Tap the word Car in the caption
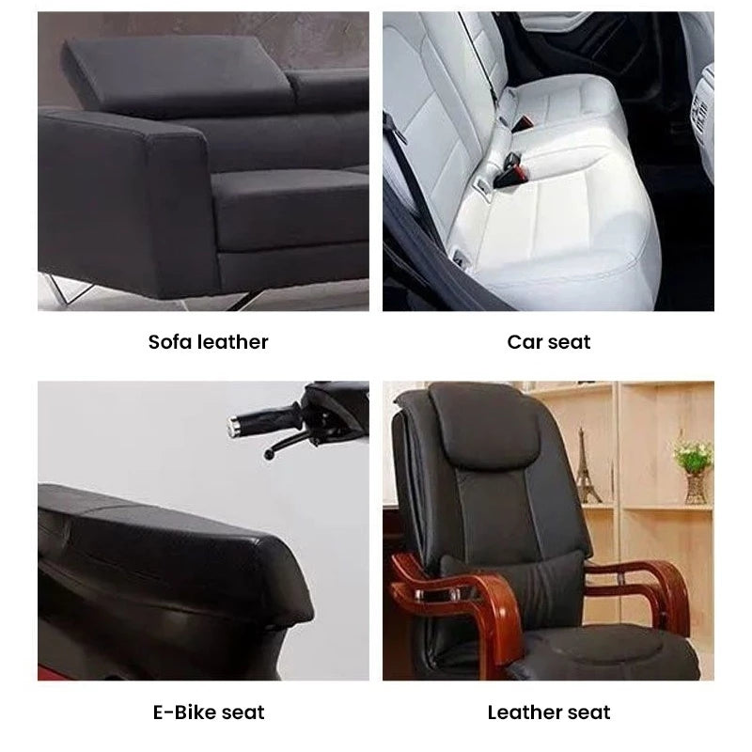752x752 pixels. tap(525, 342)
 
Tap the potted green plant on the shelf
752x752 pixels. tap(694, 467)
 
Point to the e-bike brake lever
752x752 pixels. tap(287, 445)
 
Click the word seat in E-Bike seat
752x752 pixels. tap(243, 713)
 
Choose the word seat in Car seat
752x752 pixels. tap(570, 342)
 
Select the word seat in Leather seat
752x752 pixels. tap(589, 713)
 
